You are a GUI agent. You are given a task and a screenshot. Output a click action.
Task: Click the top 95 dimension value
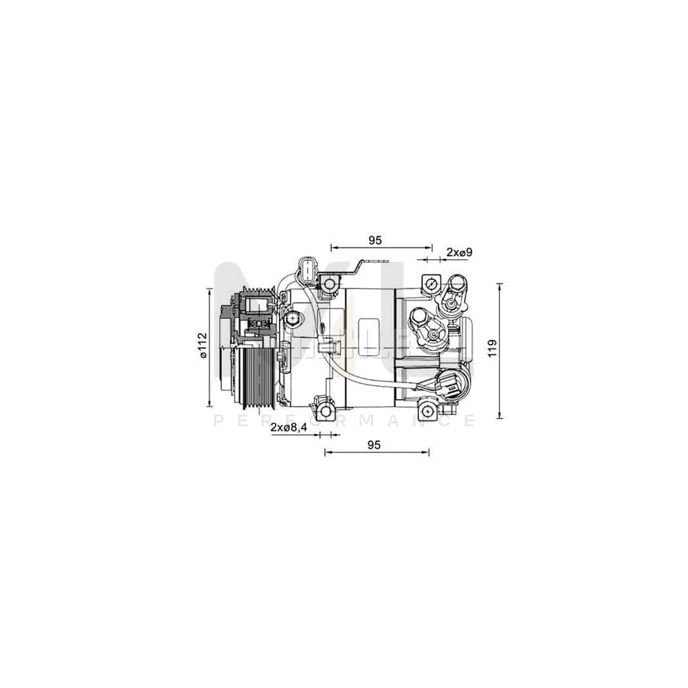pyautogui.click(x=375, y=240)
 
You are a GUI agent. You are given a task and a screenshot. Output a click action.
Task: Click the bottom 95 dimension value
pyautogui.click(x=374, y=444)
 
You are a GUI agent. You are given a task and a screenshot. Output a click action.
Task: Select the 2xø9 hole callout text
pyautogui.click(x=459, y=252)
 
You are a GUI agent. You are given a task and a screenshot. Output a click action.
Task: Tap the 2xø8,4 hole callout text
pyautogui.click(x=288, y=429)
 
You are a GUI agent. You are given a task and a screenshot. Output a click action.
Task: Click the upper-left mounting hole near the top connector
pyautogui.click(x=329, y=285)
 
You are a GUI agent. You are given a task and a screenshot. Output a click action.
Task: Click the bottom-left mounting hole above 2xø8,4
pyautogui.click(x=326, y=412)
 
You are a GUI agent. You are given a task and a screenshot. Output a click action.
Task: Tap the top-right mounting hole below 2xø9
pyautogui.click(x=430, y=285)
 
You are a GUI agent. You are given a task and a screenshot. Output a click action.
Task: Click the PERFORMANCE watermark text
pyautogui.click(x=344, y=421)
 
